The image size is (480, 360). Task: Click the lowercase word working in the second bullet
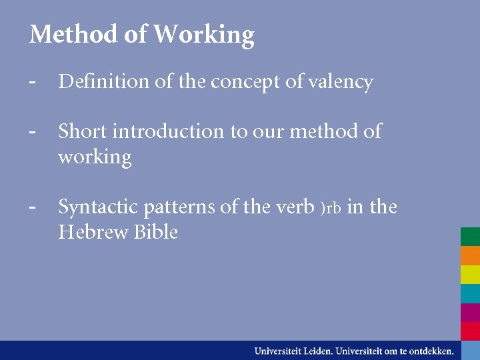pos(95,158)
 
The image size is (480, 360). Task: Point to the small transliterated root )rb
pos(331,209)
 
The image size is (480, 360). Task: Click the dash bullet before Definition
pos(32,82)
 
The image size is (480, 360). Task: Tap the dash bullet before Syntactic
pos(32,207)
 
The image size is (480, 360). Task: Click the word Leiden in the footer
pos(316,350)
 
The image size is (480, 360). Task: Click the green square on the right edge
pos(470,237)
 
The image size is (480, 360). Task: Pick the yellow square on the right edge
pos(470,275)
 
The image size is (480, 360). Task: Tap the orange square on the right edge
pos(470,256)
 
